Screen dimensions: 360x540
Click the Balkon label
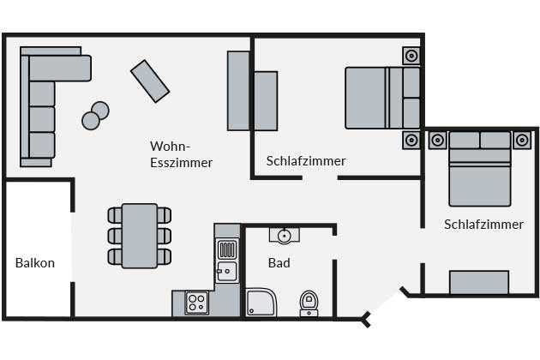click(x=35, y=263)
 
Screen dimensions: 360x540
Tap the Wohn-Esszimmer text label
click(x=181, y=154)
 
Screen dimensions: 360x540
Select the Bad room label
click(x=279, y=262)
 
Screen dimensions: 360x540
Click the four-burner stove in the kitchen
click(x=196, y=303)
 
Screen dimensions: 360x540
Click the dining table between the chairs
click(x=140, y=235)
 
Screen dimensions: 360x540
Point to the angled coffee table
click(x=150, y=81)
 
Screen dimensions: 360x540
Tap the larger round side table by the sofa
click(x=100, y=111)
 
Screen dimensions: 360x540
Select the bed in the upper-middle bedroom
click(x=377, y=97)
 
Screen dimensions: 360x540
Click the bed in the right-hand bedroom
click(x=479, y=171)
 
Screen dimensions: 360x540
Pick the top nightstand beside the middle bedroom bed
click(x=411, y=57)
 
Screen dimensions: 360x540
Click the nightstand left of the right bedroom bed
click(x=437, y=139)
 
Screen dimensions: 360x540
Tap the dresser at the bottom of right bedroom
click(x=479, y=282)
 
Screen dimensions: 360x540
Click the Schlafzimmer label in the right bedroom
click(x=483, y=225)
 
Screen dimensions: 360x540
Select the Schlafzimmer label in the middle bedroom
click(x=306, y=160)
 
